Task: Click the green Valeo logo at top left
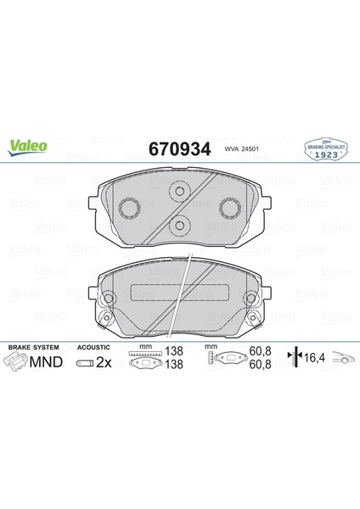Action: point(29,145)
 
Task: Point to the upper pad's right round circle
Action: point(229,208)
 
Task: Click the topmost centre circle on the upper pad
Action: point(178,192)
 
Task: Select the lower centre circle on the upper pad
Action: point(179,224)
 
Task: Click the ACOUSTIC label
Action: point(93,349)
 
